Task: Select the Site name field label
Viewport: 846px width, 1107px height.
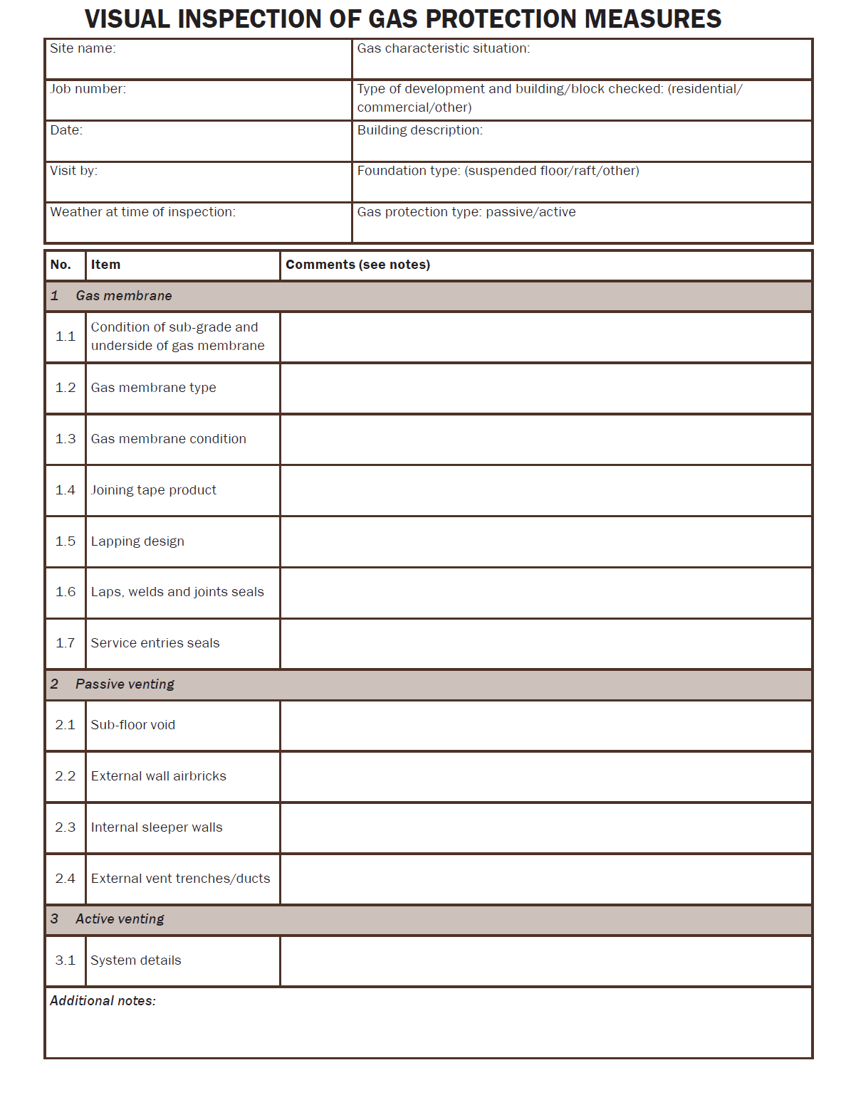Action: (83, 48)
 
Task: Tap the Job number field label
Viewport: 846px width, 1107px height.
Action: (88, 89)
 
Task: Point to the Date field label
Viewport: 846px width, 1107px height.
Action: (66, 130)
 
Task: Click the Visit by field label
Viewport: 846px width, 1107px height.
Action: (73, 171)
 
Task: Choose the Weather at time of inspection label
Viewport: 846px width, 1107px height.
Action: (142, 212)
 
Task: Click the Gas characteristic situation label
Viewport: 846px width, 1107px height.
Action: (443, 48)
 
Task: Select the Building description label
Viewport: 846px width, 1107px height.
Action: (419, 130)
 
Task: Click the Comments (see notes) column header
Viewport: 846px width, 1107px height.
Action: (357, 265)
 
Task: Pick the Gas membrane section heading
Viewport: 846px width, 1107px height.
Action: (123, 296)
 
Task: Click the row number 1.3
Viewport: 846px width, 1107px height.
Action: (66, 439)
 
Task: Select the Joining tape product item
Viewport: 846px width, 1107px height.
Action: (153, 490)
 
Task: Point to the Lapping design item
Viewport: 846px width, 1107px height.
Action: (137, 541)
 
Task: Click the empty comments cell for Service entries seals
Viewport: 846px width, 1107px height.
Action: (545, 643)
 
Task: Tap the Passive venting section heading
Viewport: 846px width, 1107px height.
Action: (125, 684)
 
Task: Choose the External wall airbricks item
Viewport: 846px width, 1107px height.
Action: (158, 776)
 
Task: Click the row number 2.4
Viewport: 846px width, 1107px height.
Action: (66, 879)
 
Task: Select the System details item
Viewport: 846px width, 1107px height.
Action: (135, 960)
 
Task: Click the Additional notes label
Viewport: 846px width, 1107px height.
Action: (103, 1001)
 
